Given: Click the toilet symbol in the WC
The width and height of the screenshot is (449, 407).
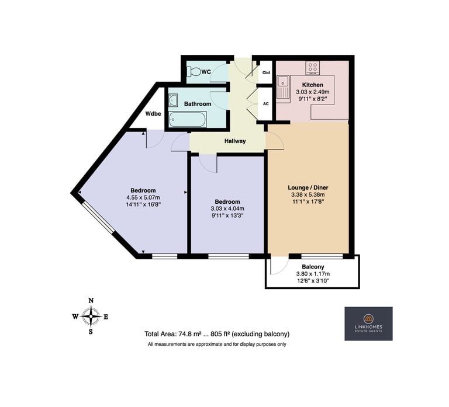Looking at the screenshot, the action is (x=194, y=71).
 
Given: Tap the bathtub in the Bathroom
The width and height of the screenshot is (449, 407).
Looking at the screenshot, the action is (x=187, y=120).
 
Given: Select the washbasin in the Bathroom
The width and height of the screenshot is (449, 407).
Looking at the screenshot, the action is (x=173, y=100).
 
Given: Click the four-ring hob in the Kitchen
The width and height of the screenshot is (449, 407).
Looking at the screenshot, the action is (x=312, y=68).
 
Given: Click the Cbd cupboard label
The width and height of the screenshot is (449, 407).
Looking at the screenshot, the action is (x=266, y=72).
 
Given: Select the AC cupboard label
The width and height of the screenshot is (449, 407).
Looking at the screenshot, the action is (x=266, y=103).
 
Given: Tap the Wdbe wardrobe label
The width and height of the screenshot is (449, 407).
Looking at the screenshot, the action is (x=153, y=114).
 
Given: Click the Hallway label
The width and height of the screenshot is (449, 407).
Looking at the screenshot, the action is (x=235, y=141).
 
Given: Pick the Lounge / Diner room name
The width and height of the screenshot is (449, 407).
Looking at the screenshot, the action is (x=308, y=187).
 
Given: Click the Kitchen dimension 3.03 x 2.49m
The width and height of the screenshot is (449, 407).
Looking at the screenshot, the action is (x=313, y=92).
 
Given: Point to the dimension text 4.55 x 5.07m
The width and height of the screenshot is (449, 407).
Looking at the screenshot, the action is (x=143, y=197).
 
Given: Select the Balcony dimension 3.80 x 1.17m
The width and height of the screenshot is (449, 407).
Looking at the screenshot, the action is (x=313, y=274).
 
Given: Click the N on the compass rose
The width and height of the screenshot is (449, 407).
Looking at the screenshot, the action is (x=91, y=300).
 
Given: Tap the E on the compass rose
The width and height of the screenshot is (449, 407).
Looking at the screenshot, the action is (x=106, y=317).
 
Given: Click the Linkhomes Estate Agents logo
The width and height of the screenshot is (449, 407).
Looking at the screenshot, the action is (x=368, y=323).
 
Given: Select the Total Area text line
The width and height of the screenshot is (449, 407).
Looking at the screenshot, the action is (x=217, y=334).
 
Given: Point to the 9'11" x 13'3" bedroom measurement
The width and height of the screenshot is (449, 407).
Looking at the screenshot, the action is (x=227, y=215).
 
